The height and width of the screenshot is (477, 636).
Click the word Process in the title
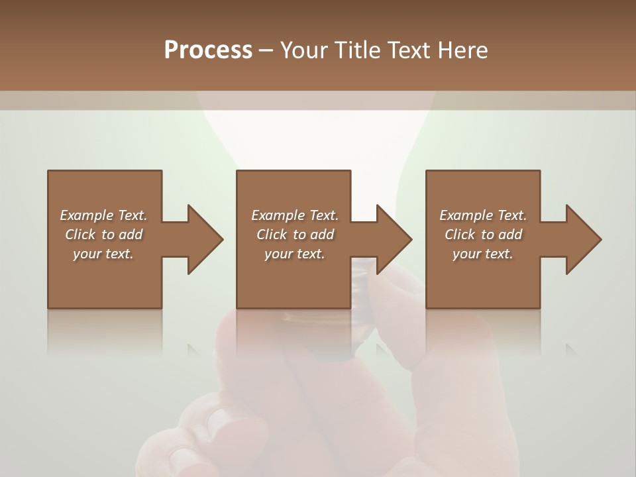click(x=208, y=50)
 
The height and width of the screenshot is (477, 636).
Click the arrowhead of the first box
click(x=205, y=239)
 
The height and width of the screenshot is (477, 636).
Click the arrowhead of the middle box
click(x=394, y=239)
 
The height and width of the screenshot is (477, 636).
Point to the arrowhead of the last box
click(x=583, y=239)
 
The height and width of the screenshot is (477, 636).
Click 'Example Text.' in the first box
click(x=103, y=215)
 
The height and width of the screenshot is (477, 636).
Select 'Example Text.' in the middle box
click(x=295, y=215)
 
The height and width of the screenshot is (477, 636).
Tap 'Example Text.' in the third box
click(x=483, y=215)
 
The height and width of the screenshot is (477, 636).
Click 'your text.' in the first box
click(x=103, y=254)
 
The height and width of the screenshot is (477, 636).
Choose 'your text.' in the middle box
click(x=295, y=254)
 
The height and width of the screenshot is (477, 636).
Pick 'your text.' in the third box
click(x=483, y=254)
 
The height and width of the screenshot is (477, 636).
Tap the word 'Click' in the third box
click(x=460, y=235)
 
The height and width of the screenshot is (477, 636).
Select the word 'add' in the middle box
click(x=322, y=235)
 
